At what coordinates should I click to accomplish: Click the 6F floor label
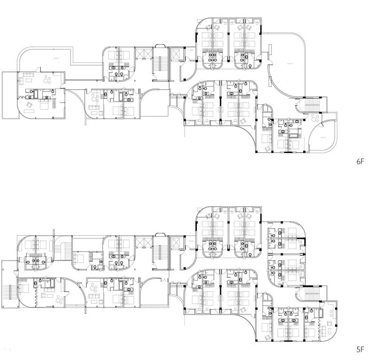tap(360, 162)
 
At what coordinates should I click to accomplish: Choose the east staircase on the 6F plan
tap(312, 106)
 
